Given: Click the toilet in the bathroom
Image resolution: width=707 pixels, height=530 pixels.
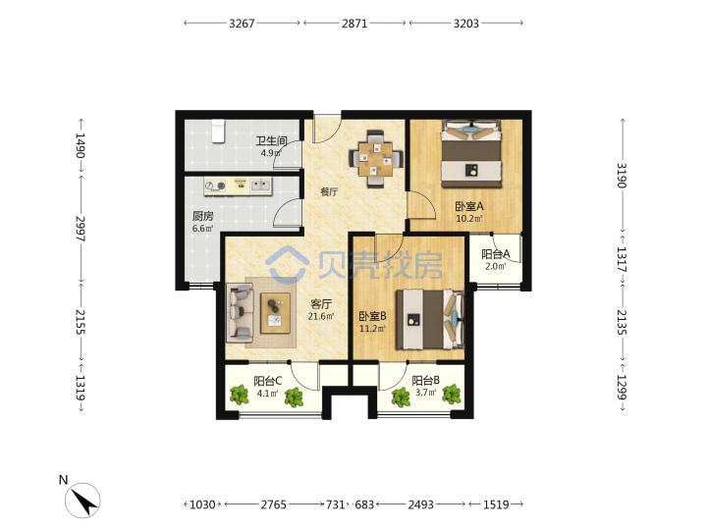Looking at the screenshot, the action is [x=218, y=131].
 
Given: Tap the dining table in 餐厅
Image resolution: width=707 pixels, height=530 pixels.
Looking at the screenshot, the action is [x=375, y=159].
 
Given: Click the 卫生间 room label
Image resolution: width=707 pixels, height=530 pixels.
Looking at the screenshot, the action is [x=271, y=141].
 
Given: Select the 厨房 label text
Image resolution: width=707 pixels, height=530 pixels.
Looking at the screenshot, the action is [x=203, y=216].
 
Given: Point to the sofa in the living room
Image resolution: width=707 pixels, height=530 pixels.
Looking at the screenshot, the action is [x=240, y=312].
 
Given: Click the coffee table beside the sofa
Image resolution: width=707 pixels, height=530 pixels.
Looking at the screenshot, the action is [x=276, y=313].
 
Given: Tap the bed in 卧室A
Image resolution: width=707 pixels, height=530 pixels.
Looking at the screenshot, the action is [x=471, y=154].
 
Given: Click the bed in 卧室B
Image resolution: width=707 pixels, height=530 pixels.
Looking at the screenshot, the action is [x=430, y=320].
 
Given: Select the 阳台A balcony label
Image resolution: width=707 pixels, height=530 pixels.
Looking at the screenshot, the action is [x=496, y=254].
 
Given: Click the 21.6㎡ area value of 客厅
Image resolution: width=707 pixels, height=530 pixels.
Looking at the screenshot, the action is [x=321, y=316].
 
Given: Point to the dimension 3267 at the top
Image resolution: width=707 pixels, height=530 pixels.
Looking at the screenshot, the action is [x=242, y=24].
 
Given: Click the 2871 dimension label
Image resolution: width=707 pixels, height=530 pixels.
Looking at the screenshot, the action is [x=354, y=24].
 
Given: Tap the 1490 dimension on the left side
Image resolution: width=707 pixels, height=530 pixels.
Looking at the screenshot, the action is [x=81, y=144].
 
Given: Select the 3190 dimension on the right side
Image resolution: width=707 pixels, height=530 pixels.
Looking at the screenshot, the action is [x=622, y=176].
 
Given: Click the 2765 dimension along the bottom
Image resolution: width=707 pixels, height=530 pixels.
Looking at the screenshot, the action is [x=274, y=504].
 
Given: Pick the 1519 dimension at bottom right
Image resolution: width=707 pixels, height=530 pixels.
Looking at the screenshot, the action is [x=496, y=504].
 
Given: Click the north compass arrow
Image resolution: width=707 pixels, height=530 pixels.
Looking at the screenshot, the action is [x=83, y=502].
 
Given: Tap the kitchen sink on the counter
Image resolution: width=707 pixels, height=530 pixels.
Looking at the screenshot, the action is [x=261, y=185].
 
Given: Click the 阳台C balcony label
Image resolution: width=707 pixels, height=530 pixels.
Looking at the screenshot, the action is [x=267, y=381].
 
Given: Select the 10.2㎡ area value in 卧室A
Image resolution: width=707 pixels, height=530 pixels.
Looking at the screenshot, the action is [x=469, y=219].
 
